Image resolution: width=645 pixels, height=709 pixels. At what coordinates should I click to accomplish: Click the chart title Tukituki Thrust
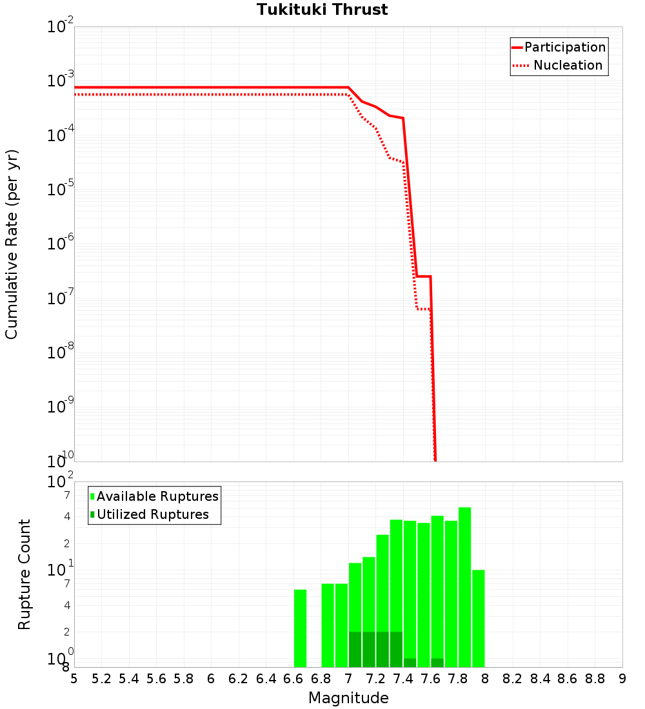(x=322, y=10)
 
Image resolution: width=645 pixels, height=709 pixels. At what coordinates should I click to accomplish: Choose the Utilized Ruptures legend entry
(x=152, y=514)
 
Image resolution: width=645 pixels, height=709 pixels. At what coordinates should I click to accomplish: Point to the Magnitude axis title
(x=348, y=698)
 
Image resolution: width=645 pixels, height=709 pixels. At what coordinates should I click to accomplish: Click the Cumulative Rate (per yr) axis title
(x=12, y=244)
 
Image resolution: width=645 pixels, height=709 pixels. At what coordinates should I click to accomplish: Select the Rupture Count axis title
(x=25, y=574)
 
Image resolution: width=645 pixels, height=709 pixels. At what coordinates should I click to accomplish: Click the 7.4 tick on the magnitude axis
(x=403, y=679)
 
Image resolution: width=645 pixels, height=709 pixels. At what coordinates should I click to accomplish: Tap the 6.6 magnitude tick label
(x=293, y=679)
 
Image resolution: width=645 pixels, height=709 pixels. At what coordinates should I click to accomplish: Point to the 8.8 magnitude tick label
(x=595, y=679)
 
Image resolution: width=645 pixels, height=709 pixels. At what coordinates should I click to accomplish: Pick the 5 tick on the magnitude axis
(x=74, y=679)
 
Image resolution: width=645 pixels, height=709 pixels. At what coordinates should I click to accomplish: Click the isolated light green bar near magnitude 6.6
(x=300, y=628)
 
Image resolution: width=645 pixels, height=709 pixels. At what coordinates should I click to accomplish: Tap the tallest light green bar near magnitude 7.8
(x=464, y=587)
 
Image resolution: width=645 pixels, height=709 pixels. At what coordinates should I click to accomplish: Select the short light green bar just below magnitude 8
(x=478, y=618)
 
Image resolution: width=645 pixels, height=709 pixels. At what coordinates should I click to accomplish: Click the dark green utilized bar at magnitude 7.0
(x=355, y=649)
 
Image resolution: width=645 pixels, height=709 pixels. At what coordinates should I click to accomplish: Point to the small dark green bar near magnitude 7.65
(x=437, y=663)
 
